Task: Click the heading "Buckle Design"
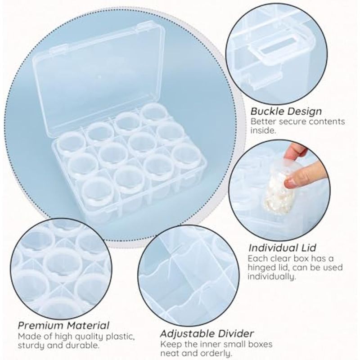point(286,111)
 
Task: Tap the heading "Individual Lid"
point(283,248)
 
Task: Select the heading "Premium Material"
point(63,325)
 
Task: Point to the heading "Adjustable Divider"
point(207,333)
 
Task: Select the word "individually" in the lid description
point(271,277)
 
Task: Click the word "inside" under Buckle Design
point(262,130)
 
